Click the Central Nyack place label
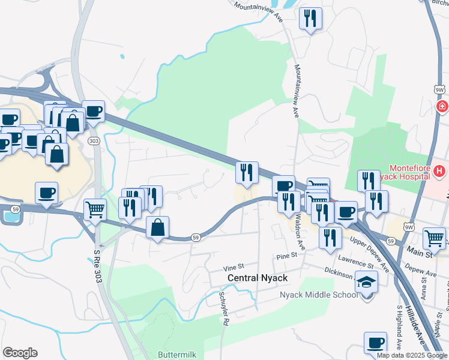(x=258, y=278)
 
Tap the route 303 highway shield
(x=93, y=140)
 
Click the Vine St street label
(x=234, y=266)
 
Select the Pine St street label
(x=287, y=256)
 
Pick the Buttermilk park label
(x=176, y=355)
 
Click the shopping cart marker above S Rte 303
(x=95, y=210)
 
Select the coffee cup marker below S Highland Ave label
(x=375, y=342)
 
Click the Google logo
(x=20, y=353)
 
